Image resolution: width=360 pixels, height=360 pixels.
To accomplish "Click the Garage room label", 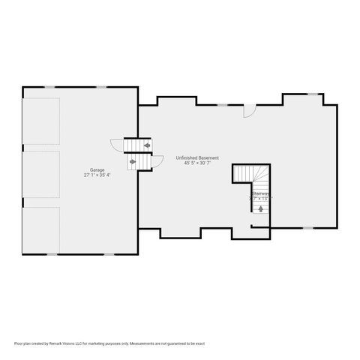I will pos(97,170).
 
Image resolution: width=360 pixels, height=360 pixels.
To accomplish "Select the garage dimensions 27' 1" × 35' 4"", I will pos(97,175).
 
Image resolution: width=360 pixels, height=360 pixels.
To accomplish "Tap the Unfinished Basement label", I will pos(197,157).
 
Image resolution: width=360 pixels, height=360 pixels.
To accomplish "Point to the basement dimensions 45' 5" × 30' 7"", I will pos(197,163).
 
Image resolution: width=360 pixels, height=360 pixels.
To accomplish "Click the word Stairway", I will pos(260,193).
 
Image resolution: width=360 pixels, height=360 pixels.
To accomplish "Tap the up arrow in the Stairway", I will pos(260,209).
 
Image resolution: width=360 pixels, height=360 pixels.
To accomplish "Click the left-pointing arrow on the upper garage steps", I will pos(147,145).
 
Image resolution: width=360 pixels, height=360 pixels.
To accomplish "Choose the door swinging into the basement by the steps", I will pos(157,161).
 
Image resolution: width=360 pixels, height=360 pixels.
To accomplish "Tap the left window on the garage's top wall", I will pos(49,87).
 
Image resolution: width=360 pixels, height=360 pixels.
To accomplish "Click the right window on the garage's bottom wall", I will pos(109,254).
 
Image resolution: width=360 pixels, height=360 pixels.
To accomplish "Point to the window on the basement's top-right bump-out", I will pos(313,94).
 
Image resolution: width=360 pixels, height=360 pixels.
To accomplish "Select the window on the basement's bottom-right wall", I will pos(307,227).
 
